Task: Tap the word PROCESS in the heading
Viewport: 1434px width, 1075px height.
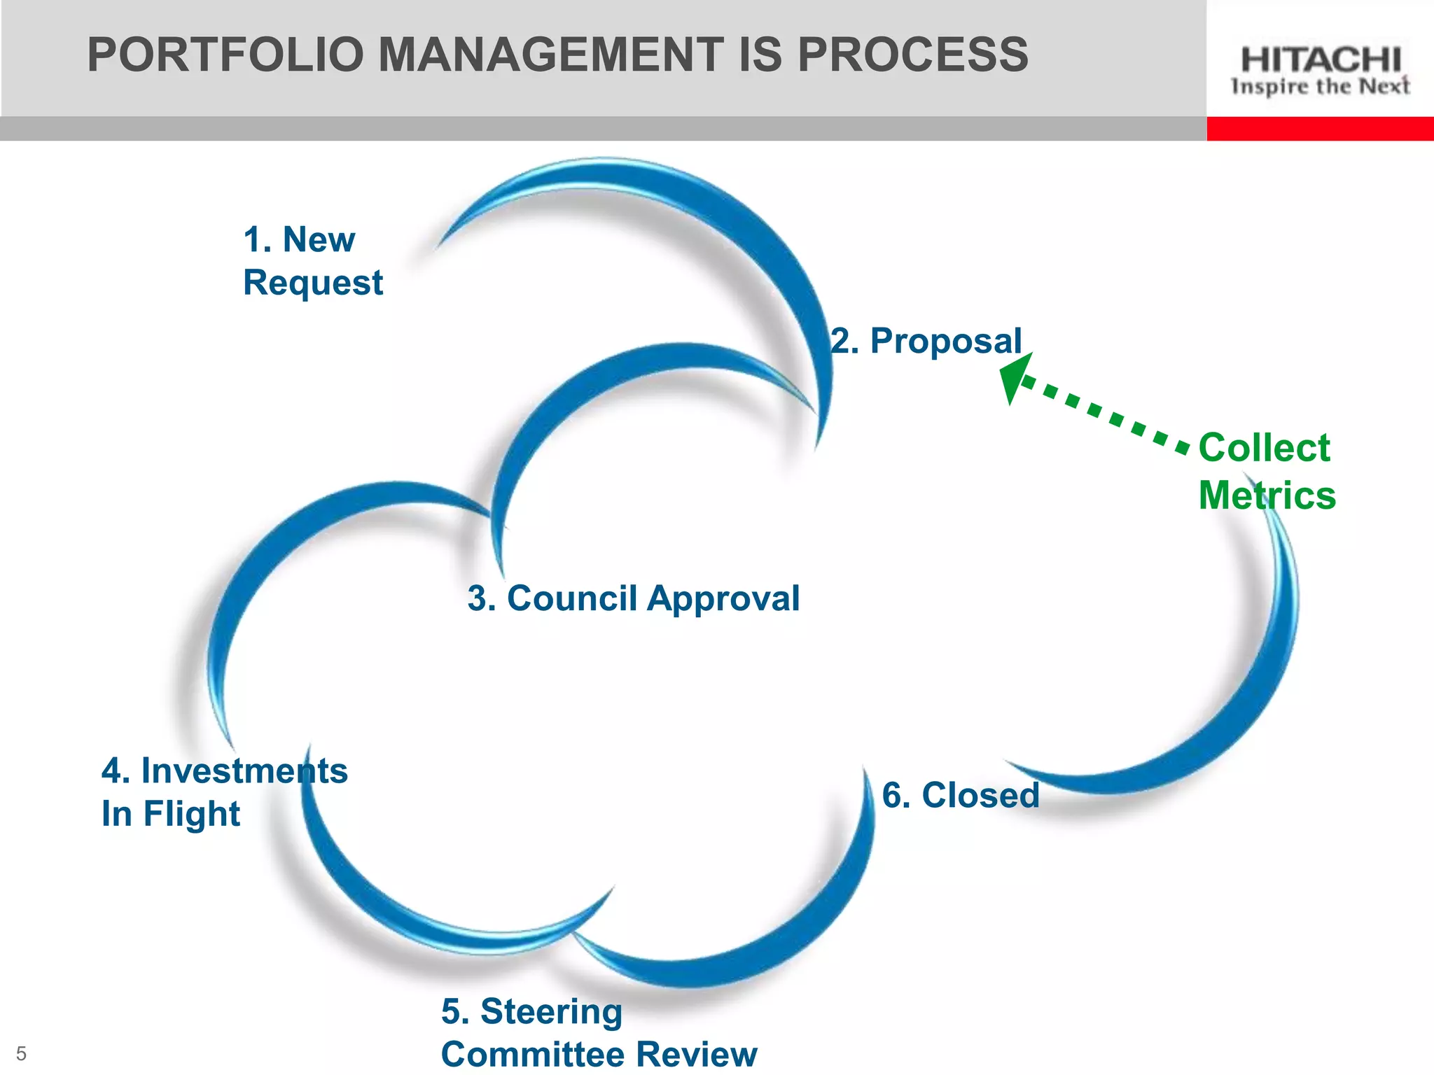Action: click(x=912, y=55)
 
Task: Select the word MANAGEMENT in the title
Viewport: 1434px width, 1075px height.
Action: click(x=551, y=55)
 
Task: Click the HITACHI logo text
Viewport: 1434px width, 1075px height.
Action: click(x=1321, y=60)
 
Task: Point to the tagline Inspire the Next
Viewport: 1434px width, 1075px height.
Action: click(x=1321, y=87)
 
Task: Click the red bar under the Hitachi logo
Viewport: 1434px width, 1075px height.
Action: click(x=1320, y=129)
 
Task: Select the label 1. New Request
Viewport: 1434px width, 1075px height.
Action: click(x=312, y=261)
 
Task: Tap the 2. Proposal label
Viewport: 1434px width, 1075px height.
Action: click(x=926, y=342)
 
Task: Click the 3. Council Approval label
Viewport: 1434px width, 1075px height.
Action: click(x=634, y=599)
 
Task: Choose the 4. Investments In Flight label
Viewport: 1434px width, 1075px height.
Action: click(x=224, y=792)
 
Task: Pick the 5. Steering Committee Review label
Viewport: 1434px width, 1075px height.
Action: click(x=599, y=1033)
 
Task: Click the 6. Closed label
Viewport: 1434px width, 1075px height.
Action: click(x=961, y=796)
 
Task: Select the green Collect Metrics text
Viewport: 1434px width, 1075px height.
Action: click(x=1267, y=471)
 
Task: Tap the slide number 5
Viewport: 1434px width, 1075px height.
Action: click(x=21, y=1053)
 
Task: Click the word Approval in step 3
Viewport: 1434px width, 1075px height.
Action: click(x=723, y=599)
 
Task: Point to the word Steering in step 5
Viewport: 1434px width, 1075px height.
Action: click(x=552, y=1012)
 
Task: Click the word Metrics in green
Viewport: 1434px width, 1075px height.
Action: click(x=1267, y=496)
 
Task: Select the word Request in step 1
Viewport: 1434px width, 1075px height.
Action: click(x=312, y=283)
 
